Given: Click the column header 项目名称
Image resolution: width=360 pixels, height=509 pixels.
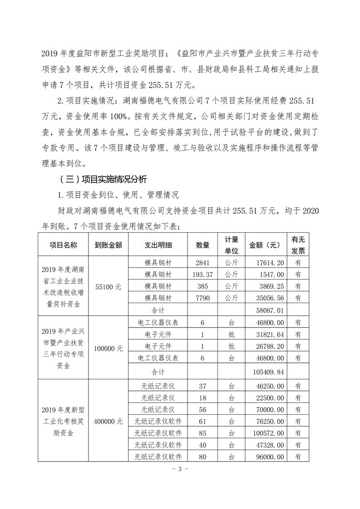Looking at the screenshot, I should point(64,245).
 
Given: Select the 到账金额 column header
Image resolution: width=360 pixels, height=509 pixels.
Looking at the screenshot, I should point(109,245).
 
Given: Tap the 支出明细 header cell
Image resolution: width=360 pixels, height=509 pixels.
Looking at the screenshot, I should point(158,245).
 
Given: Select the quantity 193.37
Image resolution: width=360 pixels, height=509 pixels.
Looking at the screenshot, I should point(202,274).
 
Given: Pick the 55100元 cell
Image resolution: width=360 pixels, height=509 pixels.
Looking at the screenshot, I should point(109,286).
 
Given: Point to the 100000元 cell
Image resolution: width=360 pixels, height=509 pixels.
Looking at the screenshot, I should point(109,348).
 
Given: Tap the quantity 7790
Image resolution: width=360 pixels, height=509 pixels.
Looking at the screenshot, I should point(202,298).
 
